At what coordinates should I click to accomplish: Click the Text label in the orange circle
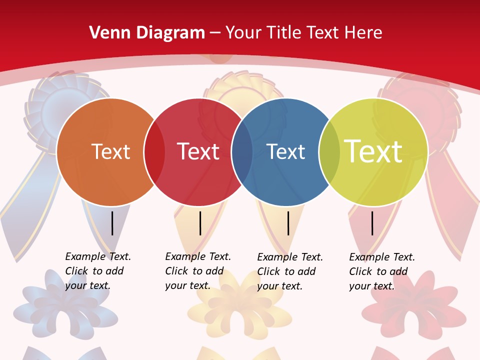coord(110,151)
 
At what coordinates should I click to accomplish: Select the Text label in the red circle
coord(198,151)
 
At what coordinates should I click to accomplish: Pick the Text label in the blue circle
coord(285,151)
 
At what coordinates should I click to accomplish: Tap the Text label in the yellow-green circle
coord(373,151)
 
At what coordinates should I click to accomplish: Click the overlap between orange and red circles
coord(154,152)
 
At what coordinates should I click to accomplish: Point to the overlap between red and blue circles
coord(242,152)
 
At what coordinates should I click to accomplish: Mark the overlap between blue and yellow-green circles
coord(329,152)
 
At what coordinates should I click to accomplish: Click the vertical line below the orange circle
coord(112,223)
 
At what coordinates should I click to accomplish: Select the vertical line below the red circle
coord(200,223)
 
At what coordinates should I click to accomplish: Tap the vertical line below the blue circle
coord(288,223)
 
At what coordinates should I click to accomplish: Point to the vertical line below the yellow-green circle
coord(372,223)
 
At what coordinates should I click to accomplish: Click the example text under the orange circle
coord(97,271)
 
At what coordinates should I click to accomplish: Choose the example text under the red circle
coord(197,271)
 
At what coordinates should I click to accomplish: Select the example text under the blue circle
coord(289,271)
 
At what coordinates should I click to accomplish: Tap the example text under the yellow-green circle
coord(381,271)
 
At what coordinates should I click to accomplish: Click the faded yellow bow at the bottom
coord(240,305)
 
